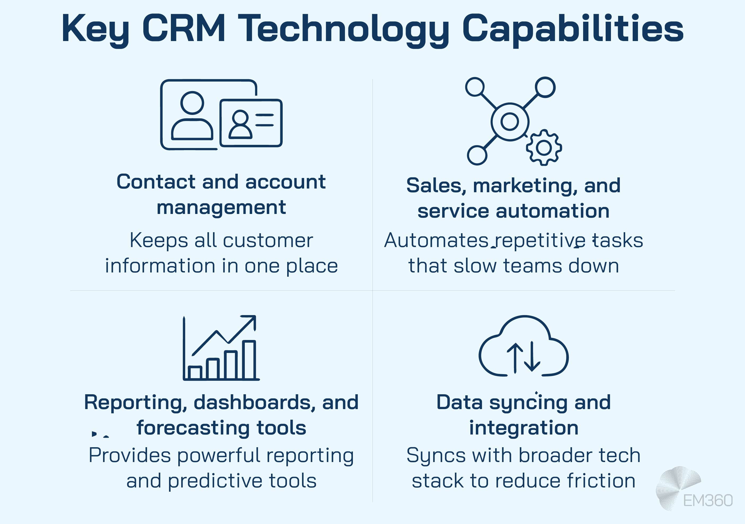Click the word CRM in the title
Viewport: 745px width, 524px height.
(184, 29)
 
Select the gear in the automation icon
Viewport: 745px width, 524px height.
(544, 148)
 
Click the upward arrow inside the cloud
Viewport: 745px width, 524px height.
(515, 358)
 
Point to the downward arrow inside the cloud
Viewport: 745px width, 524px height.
(532, 357)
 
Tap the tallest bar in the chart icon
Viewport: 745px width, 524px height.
(249, 360)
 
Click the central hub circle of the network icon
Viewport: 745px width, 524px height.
(510, 122)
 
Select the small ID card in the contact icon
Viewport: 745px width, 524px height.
(251, 123)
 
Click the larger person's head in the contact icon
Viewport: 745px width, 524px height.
(192, 103)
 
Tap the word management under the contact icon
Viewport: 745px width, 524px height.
(221, 208)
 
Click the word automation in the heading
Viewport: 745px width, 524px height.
(553, 211)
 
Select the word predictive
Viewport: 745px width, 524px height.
(215, 481)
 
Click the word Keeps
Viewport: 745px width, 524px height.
(159, 241)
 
